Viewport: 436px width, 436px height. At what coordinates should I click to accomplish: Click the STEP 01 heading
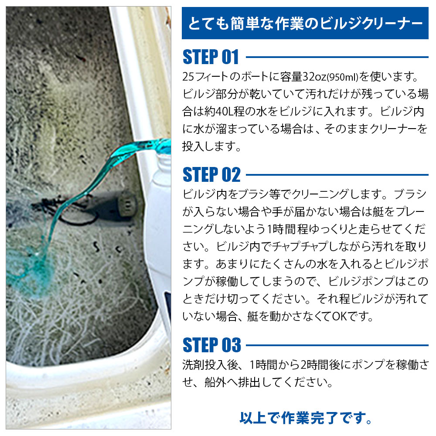pyautogui.click(x=211, y=57)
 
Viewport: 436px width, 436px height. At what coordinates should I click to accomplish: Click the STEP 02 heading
pyautogui.click(x=211, y=175)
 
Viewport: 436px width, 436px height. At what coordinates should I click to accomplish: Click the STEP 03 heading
pyautogui.click(x=212, y=345)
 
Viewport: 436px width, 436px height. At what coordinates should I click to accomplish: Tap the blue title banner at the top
pyautogui.click(x=305, y=23)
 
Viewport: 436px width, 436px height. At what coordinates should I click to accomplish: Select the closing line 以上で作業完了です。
pyautogui.click(x=306, y=418)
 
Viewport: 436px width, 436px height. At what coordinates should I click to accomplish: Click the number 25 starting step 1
pyautogui.click(x=189, y=77)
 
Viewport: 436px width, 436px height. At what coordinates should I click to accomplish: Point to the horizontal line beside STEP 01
pyautogui.click(x=337, y=57)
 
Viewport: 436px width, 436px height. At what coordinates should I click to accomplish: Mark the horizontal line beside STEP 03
pyautogui.click(x=337, y=345)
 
